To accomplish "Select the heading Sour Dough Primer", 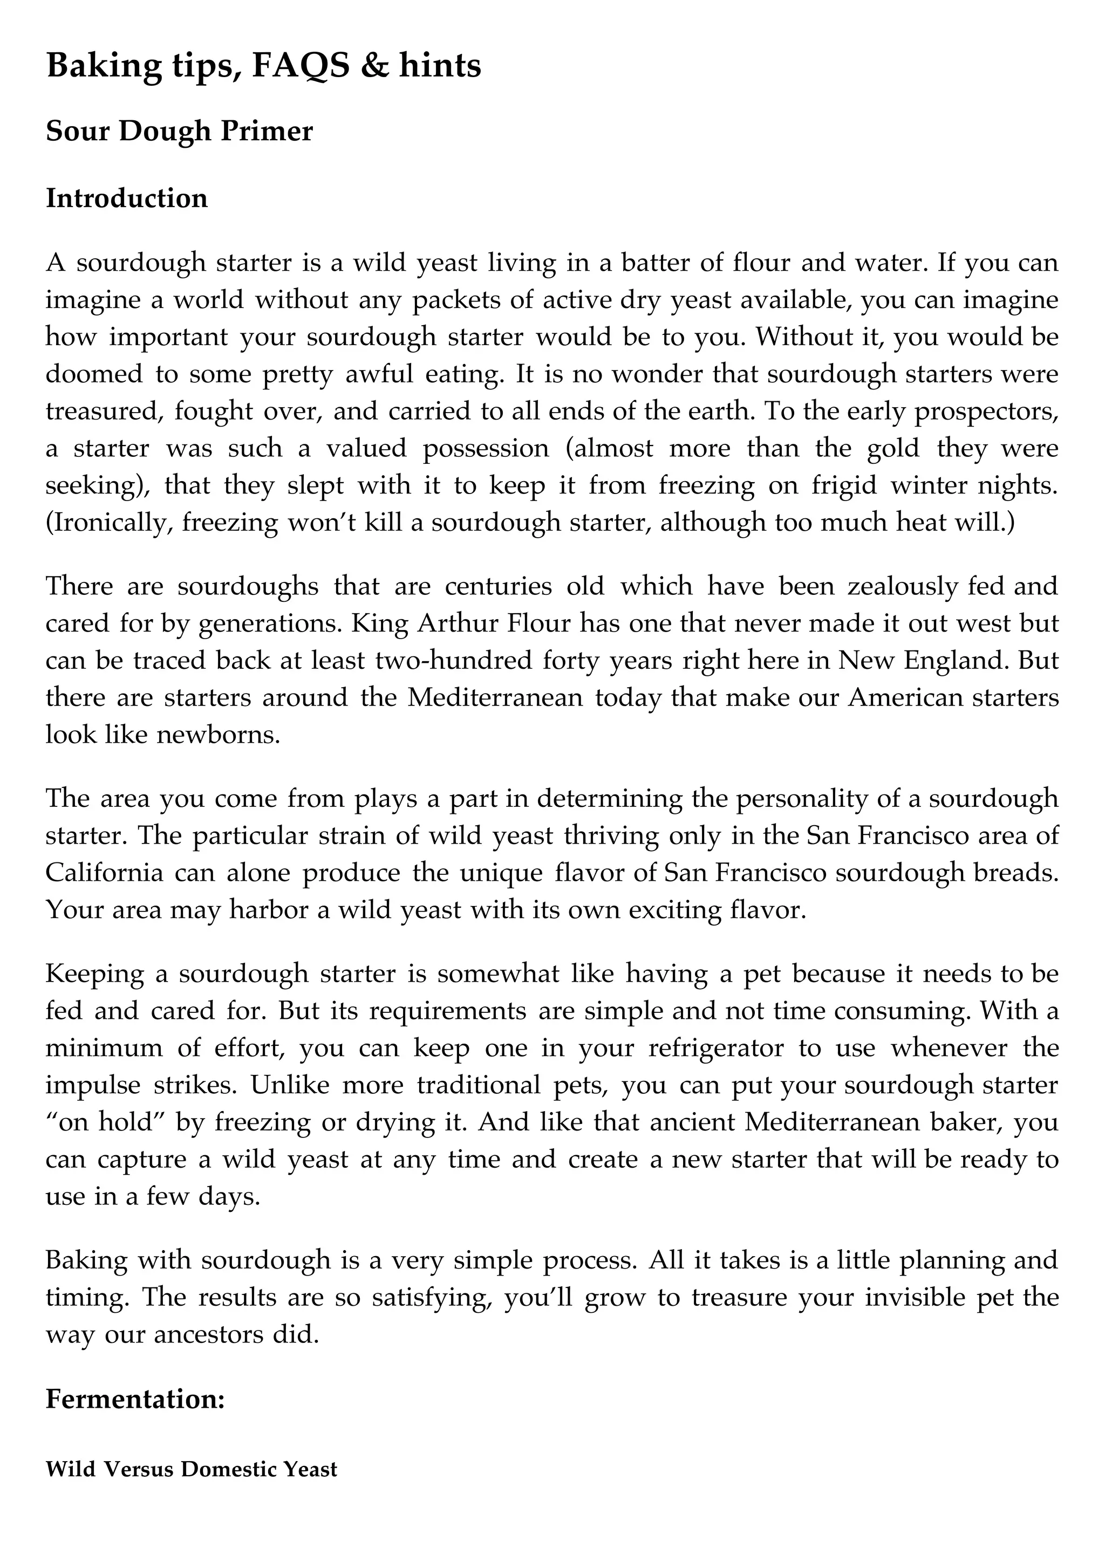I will pyautogui.click(x=179, y=132).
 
